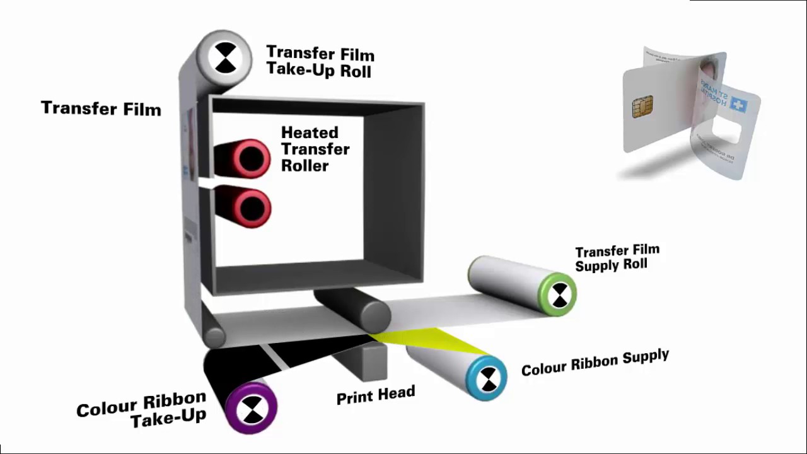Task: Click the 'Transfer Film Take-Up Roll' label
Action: click(320, 61)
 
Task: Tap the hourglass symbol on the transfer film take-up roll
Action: click(225, 58)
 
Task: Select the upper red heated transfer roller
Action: click(250, 158)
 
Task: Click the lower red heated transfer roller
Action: click(251, 207)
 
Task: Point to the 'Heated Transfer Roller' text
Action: click(314, 149)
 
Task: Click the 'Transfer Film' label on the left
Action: click(101, 108)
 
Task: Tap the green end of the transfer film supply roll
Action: click(558, 294)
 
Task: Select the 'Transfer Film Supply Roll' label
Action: click(617, 258)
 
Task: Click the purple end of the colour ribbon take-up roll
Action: click(252, 409)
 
